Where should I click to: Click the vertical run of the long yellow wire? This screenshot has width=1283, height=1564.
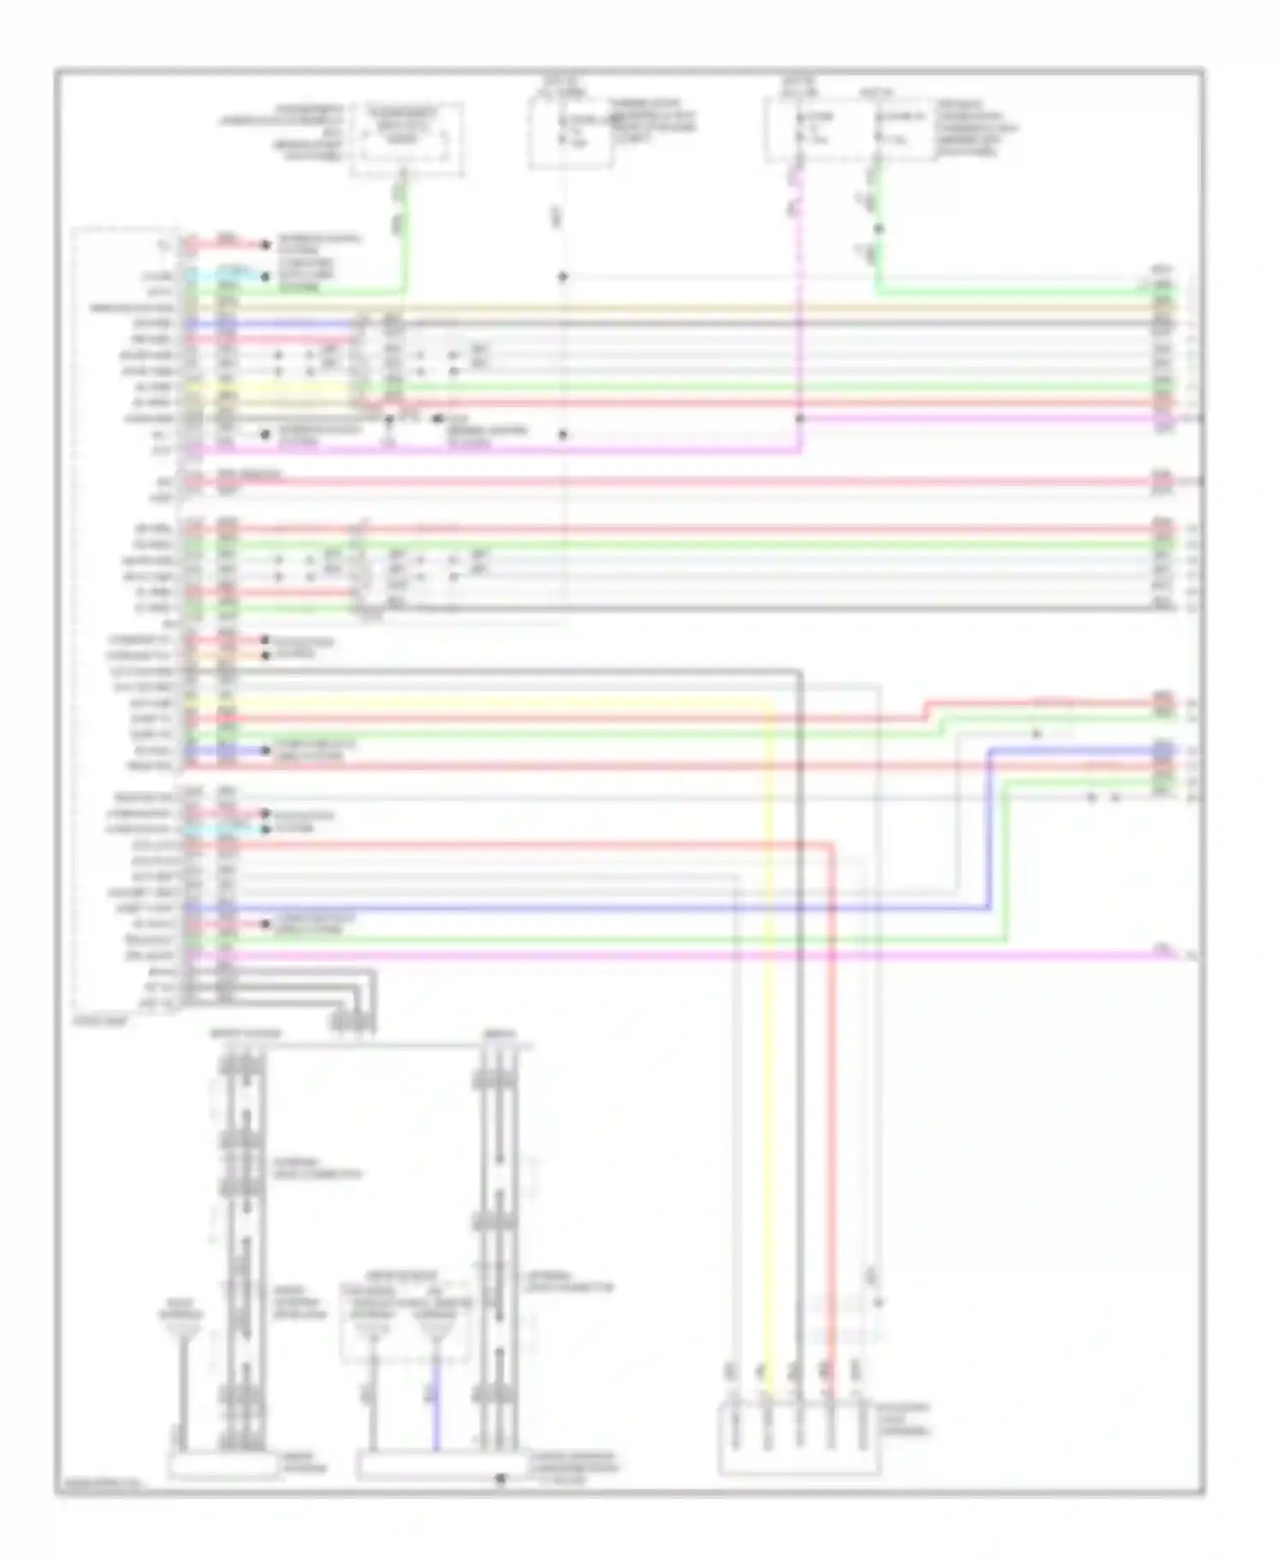click(767, 1027)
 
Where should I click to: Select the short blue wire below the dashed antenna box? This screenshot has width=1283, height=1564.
click(435, 1412)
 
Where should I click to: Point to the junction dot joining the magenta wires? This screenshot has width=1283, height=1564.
click(800, 418)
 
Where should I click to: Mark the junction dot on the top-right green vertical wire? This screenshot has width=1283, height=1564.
click(878, 228)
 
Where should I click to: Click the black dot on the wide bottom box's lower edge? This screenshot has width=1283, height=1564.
click(500, 1478)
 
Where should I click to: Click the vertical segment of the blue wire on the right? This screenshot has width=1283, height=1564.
click(990, 830)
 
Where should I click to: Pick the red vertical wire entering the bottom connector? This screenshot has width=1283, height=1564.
click(830, 1112)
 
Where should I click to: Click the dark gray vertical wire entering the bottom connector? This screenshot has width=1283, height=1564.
click(799, 1027)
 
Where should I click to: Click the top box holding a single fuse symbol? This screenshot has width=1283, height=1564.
click(570, 133)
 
